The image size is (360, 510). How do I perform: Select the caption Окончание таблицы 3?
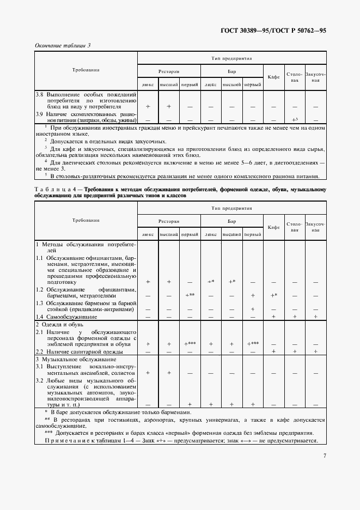tap(63, 45)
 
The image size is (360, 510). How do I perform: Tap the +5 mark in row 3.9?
tap(295, 119)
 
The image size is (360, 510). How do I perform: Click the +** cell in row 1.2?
tap(190, 295)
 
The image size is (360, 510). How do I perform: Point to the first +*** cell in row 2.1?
tap(190, 344)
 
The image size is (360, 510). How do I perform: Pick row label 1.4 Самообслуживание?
tap(67, 317)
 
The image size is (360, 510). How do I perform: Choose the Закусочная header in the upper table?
tap(315, 76)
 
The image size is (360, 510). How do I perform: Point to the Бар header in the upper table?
tap(231, 71)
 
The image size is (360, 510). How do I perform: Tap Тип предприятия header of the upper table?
tap(231, 57)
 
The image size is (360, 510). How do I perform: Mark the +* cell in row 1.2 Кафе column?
tap(273, 295)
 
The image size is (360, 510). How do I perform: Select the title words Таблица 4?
tap(54, 190)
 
